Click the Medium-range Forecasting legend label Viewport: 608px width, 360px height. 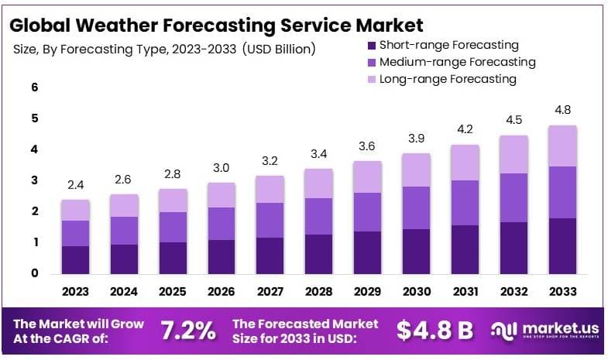[x=457, y=62]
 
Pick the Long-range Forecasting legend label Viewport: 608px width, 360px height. [x=447, y=79]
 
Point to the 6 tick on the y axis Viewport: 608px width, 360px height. [x=34, y=87]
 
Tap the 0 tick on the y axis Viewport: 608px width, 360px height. [x=34, y=273]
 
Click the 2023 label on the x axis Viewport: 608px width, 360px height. [x=76, y=293]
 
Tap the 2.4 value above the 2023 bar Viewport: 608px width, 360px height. [x=76, y=184]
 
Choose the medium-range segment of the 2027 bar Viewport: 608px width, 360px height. [x=270, y=220]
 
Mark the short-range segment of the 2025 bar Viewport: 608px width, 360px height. [x=173, y=257]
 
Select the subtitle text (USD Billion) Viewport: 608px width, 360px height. [x=279, y=50]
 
